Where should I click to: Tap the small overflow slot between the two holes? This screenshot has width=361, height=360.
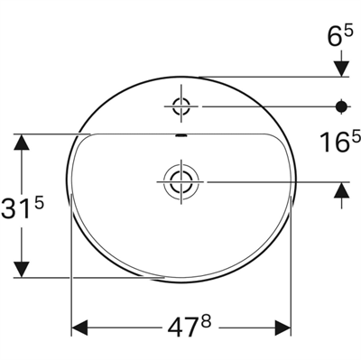pyautogui.click(x=179, y=136)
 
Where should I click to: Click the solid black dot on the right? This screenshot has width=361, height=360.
pyautogui.click(x=342, y=106)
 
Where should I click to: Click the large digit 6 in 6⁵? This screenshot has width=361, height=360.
pyautogui.click(x=334, y=37)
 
